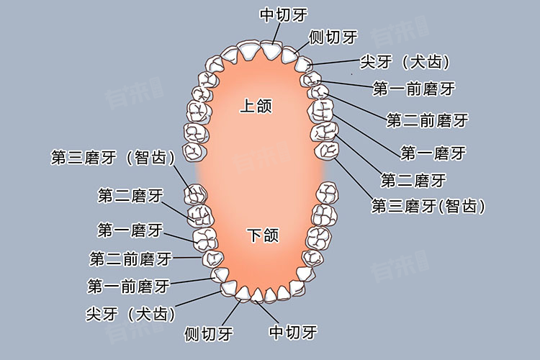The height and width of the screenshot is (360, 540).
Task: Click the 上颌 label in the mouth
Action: [256, 105]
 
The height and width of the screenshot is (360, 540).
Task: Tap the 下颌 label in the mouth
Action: [263, 235]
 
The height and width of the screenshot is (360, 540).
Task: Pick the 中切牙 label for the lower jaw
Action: [293, 332]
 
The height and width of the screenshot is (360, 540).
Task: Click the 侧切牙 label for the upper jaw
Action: [333, 37]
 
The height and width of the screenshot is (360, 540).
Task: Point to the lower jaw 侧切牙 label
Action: [209, 333]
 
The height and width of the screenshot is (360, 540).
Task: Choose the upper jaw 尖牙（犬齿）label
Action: [405, 62]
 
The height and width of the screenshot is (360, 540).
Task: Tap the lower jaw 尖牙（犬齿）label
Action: [130, 314]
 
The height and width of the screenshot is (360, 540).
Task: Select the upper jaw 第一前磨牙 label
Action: [414, 89]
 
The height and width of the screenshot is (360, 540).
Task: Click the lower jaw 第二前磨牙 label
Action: [130, 258]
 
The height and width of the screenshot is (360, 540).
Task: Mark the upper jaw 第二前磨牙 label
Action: [428, 120]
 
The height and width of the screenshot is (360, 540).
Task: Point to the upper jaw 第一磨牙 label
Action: [433, 153]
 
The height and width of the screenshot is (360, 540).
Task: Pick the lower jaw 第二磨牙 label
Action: [130, 196]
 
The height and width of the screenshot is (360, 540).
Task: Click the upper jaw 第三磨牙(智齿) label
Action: [428, 207]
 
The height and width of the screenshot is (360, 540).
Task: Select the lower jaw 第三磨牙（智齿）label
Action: [113, 158]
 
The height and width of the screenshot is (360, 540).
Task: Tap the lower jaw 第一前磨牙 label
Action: [128, 287]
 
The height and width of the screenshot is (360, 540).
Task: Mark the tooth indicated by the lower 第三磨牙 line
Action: [196, 194]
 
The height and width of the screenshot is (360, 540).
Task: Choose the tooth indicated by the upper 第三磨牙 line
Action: [326, 150]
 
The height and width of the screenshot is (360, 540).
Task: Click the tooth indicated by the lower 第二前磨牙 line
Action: [213, 258]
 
